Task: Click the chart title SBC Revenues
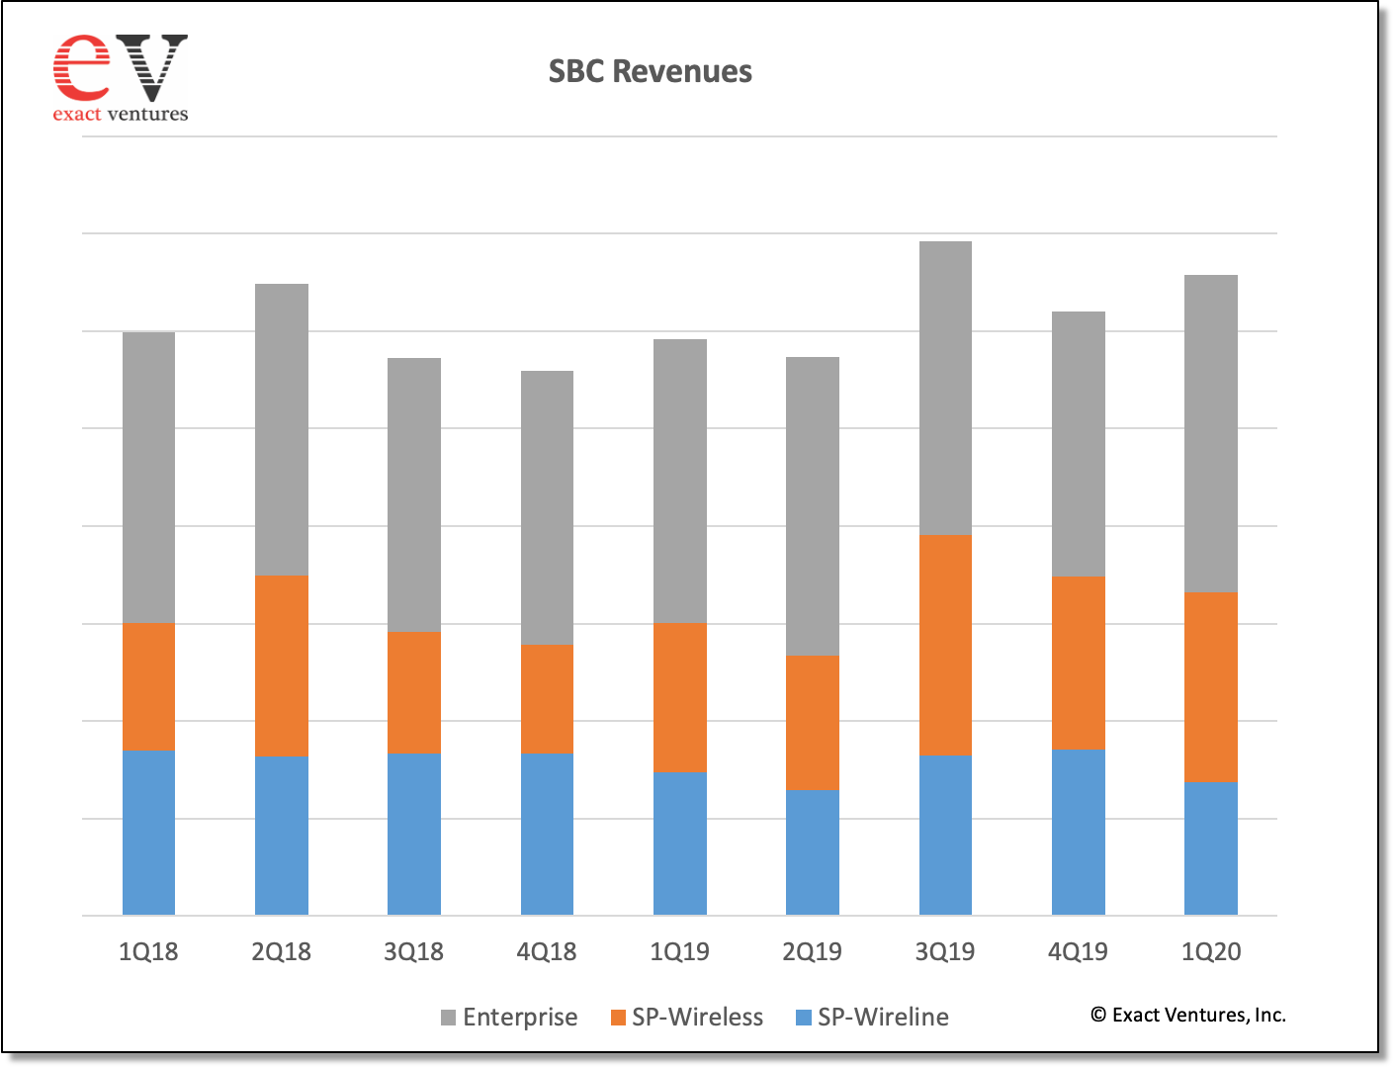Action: (x=650, y=71)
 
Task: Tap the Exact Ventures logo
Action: (x=120, y=78)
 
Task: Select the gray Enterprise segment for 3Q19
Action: (x=945, y=388)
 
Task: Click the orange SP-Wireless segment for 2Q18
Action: (x=282, y=666)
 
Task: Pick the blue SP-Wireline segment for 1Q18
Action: (x=148, y=833)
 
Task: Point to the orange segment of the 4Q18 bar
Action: (x=547, y=698)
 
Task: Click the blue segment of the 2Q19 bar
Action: (x=813, y=852)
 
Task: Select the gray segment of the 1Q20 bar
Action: (x=1211, y=433)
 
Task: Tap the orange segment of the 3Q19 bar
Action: (x=945, y=645)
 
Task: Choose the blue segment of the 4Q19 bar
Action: (x=1078, y=832)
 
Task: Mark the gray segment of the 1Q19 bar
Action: (x=680, y=481)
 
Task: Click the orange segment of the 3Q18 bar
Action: (x=414, y=692)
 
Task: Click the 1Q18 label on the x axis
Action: (x=148, y=951)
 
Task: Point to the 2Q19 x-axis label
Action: (x=813, y=951)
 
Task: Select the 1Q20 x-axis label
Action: (x=1211, y=951)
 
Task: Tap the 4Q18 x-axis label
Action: (x=547, y=951)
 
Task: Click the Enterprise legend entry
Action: (x=509, y=1017)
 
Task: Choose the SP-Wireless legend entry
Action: (x=687, y=1017)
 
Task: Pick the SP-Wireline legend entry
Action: (x=873, y=1017)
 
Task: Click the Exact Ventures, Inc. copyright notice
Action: (x=1188, y=1015)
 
